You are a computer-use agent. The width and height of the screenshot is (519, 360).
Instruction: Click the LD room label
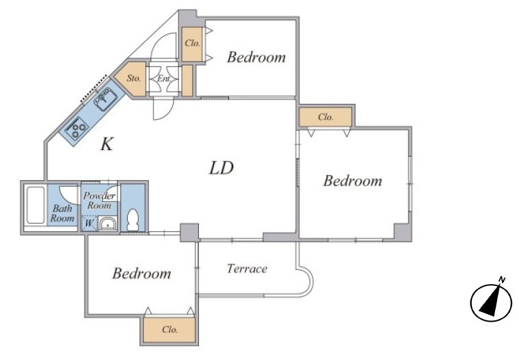[222, 168]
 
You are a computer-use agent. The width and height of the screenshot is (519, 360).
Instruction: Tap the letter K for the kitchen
[107, 144]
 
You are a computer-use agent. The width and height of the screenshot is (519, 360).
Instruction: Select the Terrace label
[247, 268]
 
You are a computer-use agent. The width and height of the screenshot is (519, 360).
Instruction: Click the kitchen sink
[105, 99]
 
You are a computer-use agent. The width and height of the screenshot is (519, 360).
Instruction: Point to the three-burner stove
[77, 128]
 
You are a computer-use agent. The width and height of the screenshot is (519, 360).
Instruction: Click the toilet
[133, 219]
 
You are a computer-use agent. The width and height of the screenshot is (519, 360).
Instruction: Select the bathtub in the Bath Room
[36, 205]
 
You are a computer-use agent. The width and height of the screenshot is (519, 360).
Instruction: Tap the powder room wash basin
[107, 224]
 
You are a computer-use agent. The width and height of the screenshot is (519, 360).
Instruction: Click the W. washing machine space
[89, 223]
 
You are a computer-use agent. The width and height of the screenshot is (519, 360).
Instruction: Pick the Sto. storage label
[134, 79]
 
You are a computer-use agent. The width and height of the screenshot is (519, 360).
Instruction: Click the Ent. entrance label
[164, 79]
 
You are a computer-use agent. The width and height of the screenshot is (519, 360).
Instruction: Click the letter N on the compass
[502, 279]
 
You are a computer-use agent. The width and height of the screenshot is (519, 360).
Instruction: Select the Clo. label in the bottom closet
[170, 329]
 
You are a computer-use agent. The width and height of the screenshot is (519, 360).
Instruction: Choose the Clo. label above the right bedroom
[325, 117]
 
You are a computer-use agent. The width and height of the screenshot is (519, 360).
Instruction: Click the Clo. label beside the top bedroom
[192, 43]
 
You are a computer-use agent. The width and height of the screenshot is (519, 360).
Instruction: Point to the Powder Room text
[99, 201]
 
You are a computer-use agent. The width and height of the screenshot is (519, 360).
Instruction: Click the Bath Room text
[62, 214]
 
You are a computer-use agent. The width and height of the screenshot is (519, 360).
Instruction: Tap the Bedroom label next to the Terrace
[142, 273]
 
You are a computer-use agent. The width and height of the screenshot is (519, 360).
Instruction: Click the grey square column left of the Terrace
[189, 233]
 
